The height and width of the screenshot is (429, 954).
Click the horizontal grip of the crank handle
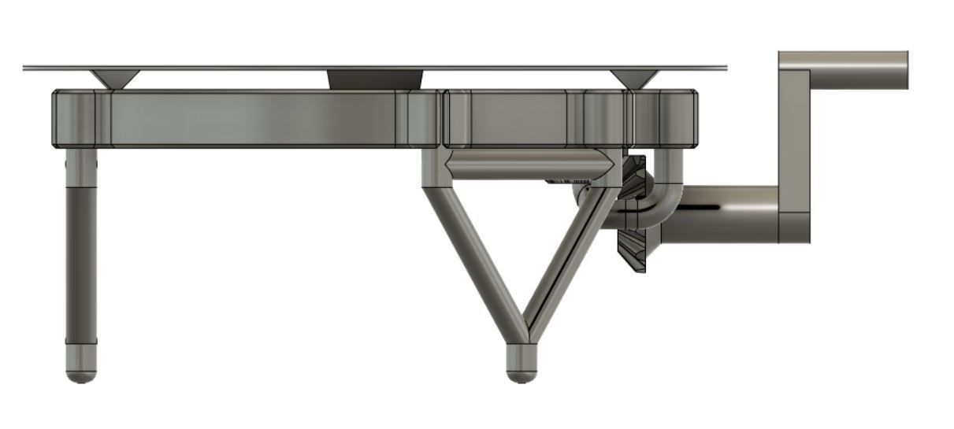point(859,70)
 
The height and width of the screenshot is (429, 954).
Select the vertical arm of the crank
point(794,150)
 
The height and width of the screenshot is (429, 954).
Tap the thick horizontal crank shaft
point(725,214)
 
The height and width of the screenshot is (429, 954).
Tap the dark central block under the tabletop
point(375,80)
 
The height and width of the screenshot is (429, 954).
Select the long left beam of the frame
point(252,118)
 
